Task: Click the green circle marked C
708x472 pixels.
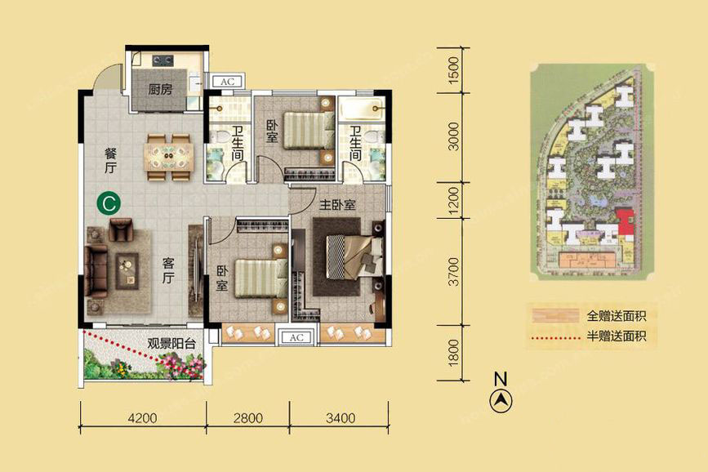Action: tap(109, 203)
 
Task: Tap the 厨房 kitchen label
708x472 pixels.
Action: tap(160, 89)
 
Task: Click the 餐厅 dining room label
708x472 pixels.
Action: tap(110, 160)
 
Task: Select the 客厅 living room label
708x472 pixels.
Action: tap(168, 270)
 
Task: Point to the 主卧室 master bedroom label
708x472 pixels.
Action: tap(337, 205)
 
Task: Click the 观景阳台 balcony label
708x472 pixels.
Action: tap(171, 344)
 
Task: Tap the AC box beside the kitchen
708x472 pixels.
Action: tap(227, 82)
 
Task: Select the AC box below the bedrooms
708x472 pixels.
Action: tap(296, 337)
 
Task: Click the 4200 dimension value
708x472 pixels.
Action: tap(142, 418)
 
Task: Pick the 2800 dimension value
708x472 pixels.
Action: tap(248, 418)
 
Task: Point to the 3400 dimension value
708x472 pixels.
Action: tap(341, 418)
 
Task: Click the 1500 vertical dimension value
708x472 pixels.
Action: tap(453, 69)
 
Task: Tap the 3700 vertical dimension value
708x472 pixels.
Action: tap(453, 271)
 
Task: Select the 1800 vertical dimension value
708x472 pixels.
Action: tap(453, 353)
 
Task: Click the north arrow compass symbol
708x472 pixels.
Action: tap(501, 400)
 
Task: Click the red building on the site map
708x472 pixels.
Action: tap(626, 222)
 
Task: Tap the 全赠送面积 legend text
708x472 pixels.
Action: tap(616, 316)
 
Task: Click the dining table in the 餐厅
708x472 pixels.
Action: tap(168, 157)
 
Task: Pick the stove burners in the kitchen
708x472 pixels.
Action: tap(163, 60)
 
